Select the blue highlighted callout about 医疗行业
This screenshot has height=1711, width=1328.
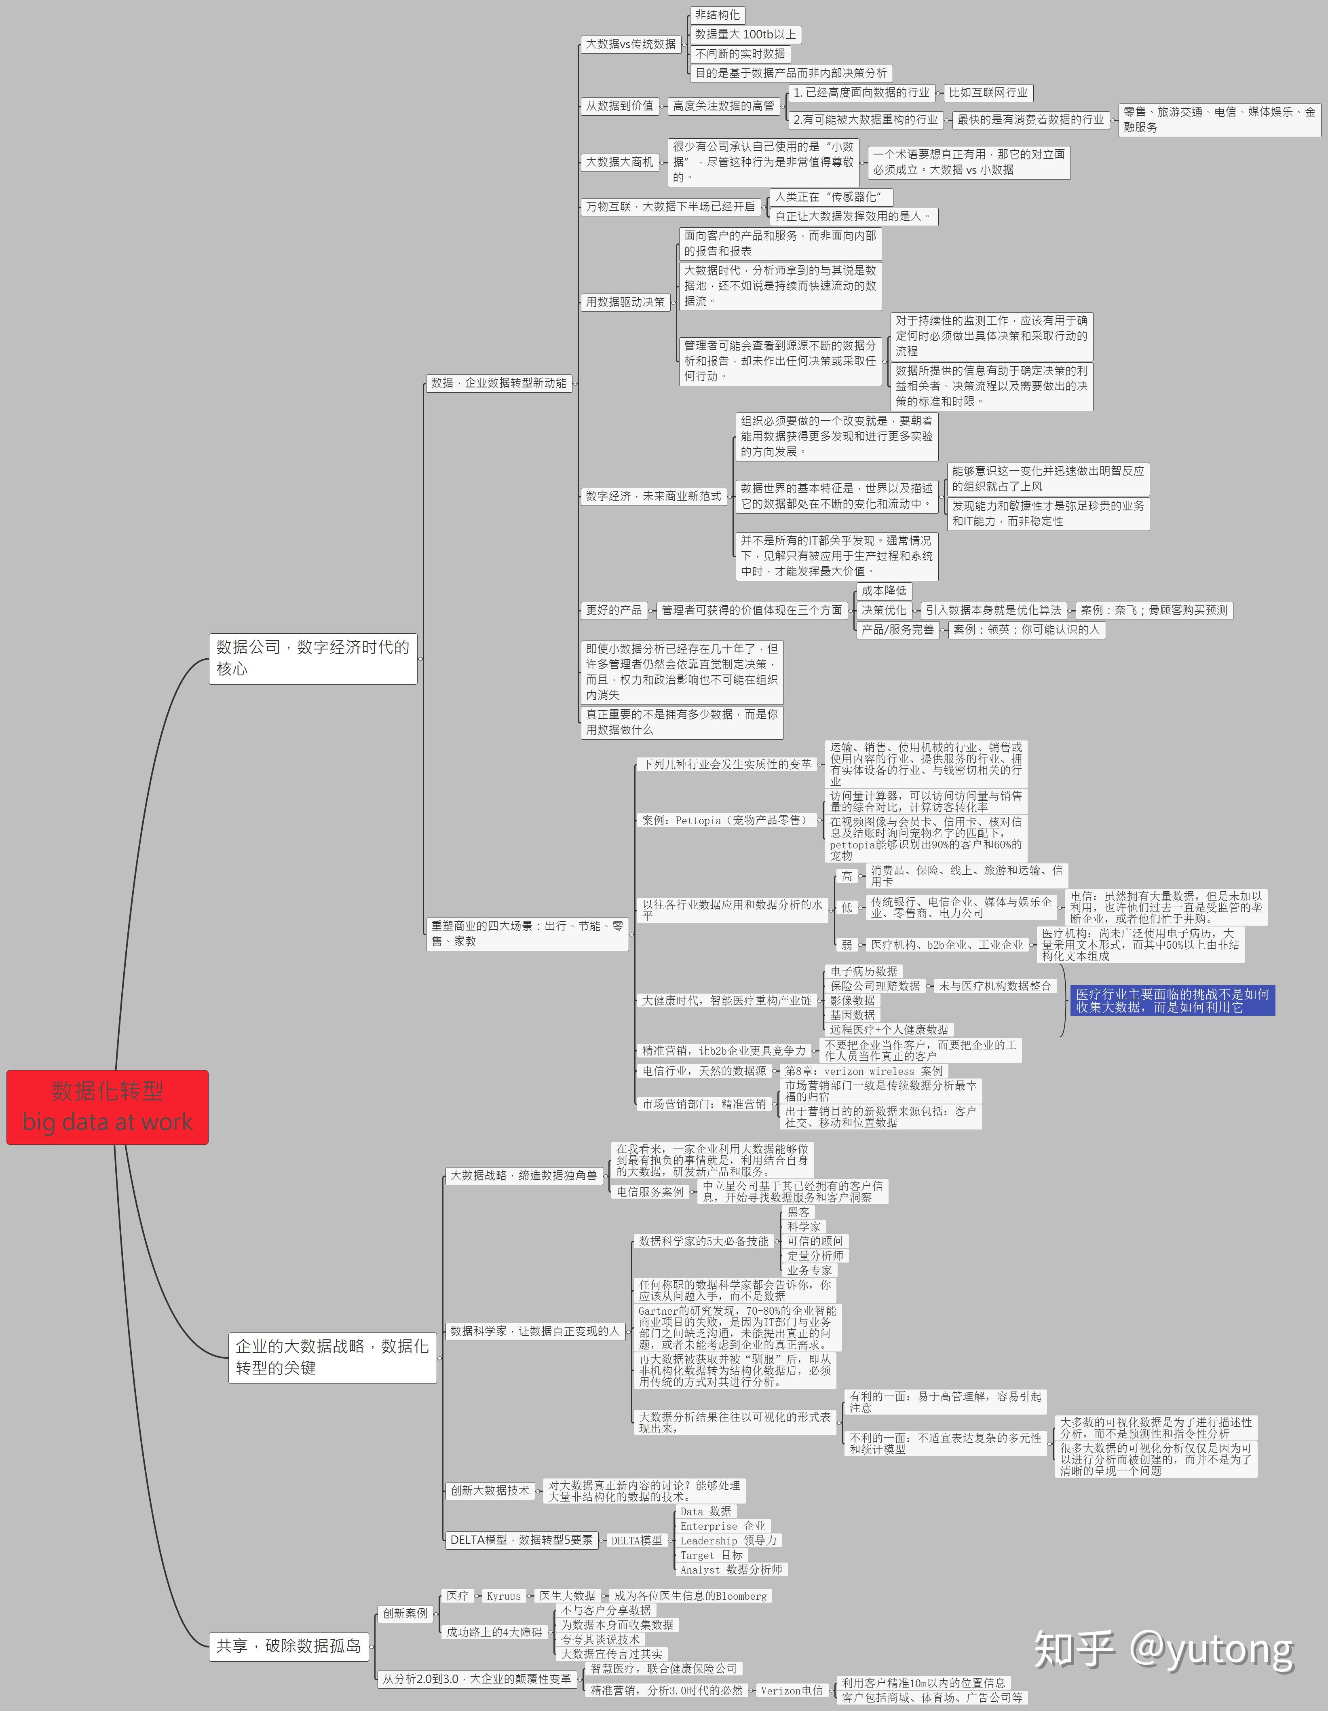(1172, 1000)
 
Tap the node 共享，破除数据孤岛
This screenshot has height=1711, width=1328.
(289, 1645)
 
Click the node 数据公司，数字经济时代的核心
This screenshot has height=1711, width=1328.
(313, 658)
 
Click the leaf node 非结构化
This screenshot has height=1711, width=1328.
(717, 15)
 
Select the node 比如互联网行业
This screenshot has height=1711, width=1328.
(988, 93)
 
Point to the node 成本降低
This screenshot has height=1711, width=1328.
(884, 591)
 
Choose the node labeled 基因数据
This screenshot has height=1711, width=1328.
(852, 1015)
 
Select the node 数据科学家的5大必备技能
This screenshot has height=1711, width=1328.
(703, 1241)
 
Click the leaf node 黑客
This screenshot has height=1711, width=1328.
(799, 1212)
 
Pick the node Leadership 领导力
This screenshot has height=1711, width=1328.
(728, 1540)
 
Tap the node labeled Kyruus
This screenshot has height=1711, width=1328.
(503, 1596)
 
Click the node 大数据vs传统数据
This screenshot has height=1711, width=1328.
(630, 44)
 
